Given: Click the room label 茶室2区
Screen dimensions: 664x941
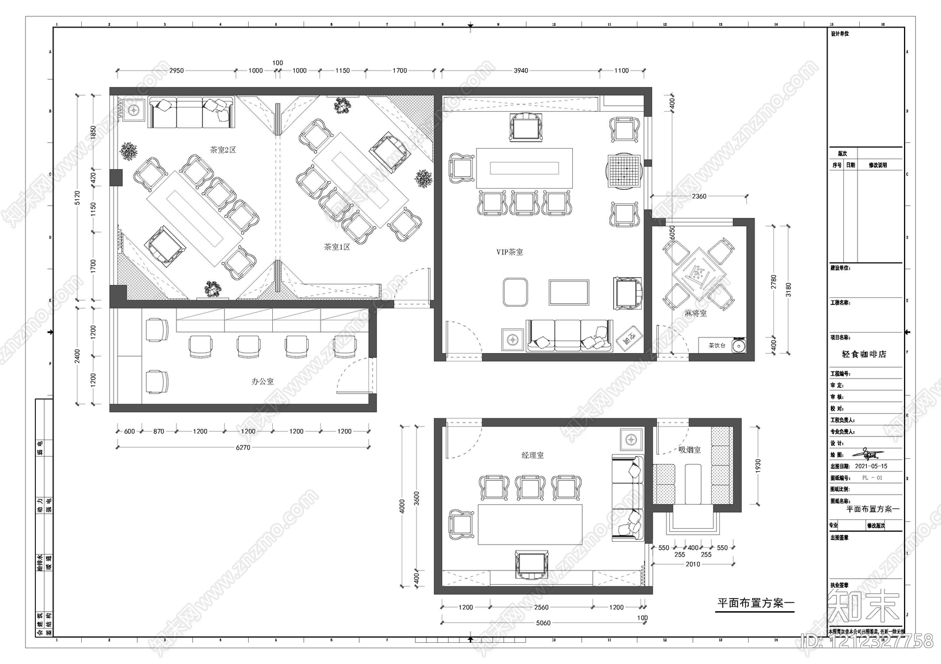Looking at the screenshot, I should [x=223, y=150].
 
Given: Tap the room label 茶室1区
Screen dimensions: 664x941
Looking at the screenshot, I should [x=337, y=247].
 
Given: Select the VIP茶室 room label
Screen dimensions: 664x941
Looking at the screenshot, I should [x=509, y=252].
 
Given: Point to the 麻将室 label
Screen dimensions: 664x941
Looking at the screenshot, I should [x=695, y=313].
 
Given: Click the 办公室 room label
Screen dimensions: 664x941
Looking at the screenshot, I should [x=262, y=381].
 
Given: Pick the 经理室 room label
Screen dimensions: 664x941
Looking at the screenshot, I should [x=532, y=455].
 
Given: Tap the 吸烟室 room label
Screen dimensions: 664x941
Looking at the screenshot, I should [x=689, y=450].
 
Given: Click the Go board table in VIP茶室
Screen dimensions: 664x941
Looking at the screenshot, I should [x=624, y=170].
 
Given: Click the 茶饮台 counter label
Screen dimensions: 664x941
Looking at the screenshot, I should [x=716, y=346].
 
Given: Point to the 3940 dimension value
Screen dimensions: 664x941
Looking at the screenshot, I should [x=520, y=71].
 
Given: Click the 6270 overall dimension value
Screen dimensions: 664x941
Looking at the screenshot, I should [x=243, y=447].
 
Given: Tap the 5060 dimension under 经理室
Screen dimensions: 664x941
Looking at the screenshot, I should [x=543, y=623].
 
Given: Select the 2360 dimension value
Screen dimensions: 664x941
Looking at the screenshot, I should [x=699, y=196].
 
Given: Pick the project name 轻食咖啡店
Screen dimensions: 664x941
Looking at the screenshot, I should [x=864, y=354].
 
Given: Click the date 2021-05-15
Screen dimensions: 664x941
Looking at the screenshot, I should [x=871, y=466].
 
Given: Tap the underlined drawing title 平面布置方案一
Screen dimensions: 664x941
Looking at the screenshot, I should [x=756, y=603].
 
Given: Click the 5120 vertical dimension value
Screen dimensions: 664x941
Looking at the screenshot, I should [x=77, y=198].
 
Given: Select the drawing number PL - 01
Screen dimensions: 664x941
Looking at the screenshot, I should [x=872, y=478].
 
